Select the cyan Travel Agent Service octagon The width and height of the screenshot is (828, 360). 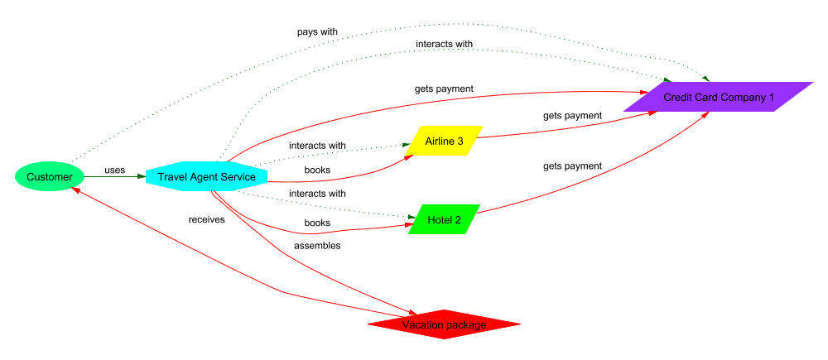click(206, 177)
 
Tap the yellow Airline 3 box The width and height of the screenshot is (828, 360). click(445, 142)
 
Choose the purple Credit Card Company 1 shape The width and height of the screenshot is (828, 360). click(718, 97)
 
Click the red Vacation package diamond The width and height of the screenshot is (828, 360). click(445, 324)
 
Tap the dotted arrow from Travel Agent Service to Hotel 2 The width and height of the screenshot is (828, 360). click(331, 208)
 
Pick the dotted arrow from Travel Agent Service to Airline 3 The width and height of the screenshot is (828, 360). click(331, 151)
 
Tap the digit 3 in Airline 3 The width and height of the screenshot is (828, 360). click(460, 142)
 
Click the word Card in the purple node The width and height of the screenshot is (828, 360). click(705, 97)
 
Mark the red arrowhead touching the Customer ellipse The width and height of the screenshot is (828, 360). click(75, 190)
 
